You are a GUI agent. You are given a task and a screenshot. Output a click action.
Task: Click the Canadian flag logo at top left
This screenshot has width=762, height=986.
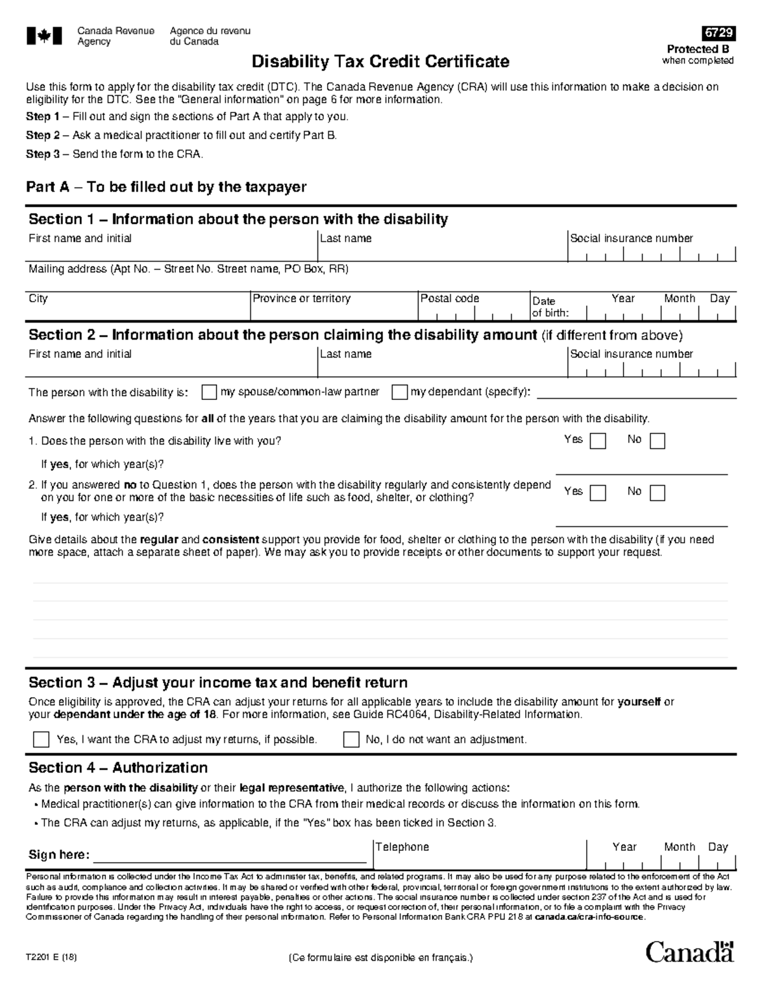click(x=44, y=36)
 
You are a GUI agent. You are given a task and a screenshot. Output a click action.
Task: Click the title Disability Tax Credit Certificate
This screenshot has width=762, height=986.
click(x=380, y=62)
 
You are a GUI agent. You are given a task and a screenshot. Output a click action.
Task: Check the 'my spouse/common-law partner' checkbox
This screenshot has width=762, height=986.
click(x=209, y=392)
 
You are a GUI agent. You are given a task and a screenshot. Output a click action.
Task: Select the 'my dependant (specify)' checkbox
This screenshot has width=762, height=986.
click(x=399, y=392)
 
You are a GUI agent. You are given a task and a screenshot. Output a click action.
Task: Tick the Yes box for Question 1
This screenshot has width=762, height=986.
click(x=598, y=441)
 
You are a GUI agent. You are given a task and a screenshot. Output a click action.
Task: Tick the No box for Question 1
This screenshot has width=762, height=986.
click(x=657, y=441)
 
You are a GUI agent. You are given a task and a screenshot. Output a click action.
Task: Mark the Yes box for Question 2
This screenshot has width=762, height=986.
click(x=598, y=493)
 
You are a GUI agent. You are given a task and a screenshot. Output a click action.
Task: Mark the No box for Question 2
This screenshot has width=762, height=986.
click(x=657, y=493)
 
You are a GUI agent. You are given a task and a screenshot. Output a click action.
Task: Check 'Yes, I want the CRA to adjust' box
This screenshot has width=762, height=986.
click(x=41, y=740)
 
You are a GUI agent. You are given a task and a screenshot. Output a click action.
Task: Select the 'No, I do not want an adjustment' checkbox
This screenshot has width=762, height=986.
click(x=351, y=740)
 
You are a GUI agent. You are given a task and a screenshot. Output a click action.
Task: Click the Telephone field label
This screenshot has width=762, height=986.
click(x=402, y=847)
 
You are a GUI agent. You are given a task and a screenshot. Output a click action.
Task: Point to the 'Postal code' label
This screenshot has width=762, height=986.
click(x=450, y=298)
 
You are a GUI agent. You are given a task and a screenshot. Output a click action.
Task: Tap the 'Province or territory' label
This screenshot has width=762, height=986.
click(x=302, y=298)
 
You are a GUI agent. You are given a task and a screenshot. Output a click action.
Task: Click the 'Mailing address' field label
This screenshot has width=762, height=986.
click(x=188, y=269)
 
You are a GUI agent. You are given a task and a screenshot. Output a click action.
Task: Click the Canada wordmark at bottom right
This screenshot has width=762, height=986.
click(x=690, y=952)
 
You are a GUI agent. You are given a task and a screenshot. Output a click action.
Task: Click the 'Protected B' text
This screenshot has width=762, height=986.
click(x=697, y=50)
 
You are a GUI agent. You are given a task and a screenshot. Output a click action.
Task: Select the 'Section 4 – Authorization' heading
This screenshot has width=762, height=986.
click(x=118, y=768)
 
